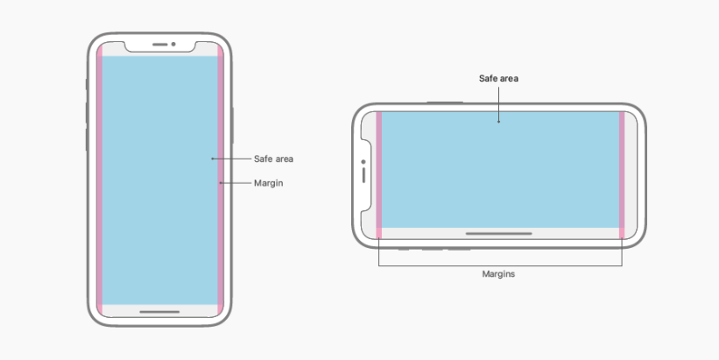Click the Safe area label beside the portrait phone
[273, 159]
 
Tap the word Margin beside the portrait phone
[269, 183]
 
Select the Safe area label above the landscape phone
[499, 79]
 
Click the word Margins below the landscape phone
[499, 274]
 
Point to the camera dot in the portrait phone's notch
[173, 44]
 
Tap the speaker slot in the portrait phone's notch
[161, 44]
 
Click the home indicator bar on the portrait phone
[159, 311]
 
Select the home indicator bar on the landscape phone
[498, 234]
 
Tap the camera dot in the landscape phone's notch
[363, 161]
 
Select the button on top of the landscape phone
[444, 102]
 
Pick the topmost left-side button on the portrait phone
[87, 84]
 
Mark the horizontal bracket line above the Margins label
[499, 265]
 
